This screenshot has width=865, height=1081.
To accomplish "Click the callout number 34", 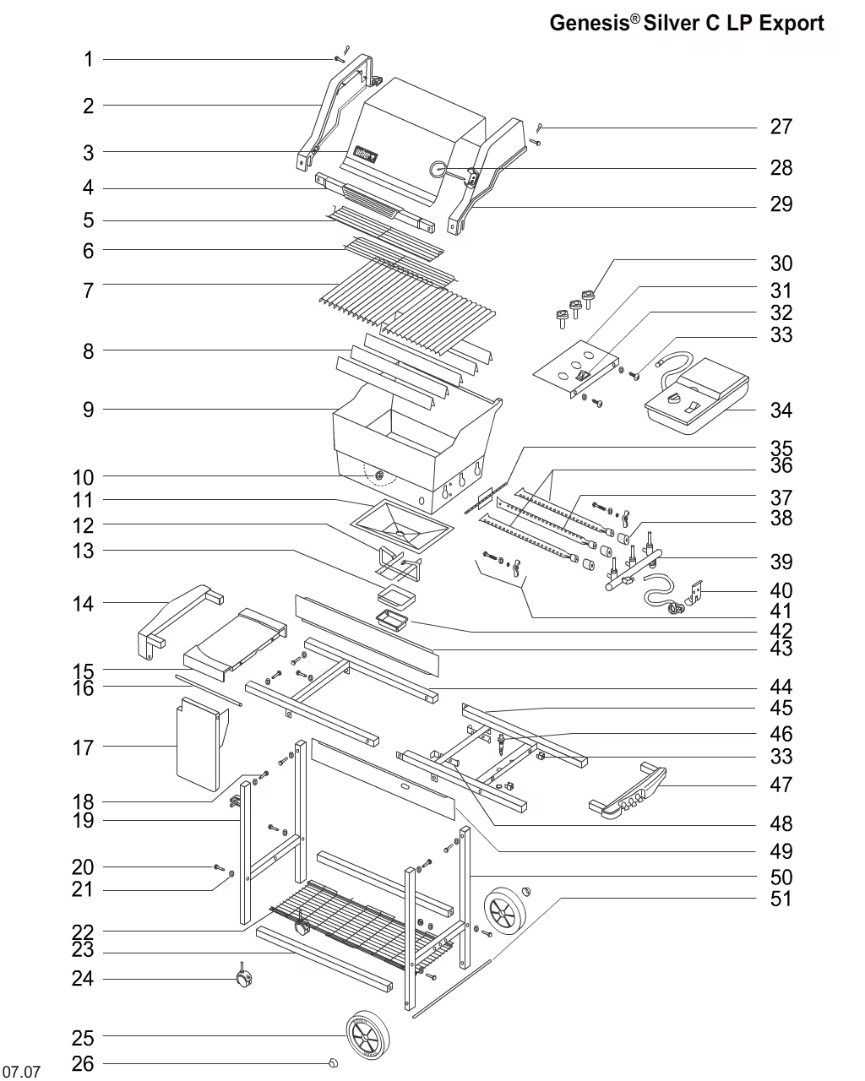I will (x=781, y=410).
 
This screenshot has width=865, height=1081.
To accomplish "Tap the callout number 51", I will (x=781, y=899).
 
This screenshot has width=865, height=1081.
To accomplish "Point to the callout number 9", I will (x=88, y=410).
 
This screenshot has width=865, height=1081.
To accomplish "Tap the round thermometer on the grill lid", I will (x=438, y=169).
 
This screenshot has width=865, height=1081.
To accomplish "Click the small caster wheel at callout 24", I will (x=245, y=980).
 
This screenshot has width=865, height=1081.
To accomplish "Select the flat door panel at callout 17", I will (x=199, y=743).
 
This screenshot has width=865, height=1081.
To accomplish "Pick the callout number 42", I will (x=781, y=630).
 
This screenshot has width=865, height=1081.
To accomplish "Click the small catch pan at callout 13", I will (x=397, y=597).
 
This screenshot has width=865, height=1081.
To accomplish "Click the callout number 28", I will (x=781, y=168).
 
